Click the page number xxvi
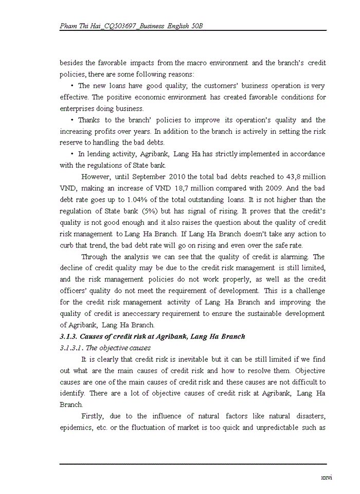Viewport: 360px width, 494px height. pyautogui.click(x=326, y=478)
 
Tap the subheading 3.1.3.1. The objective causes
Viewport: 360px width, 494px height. pyautogui.click(x=105, y=348)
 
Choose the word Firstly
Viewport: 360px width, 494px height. pyautogui.click(x=94, y=416)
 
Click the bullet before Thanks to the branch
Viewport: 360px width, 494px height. pyautogui.click(x=73, y=120)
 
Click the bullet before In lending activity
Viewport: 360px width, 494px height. pyautogui.click(x=73, y=154)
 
